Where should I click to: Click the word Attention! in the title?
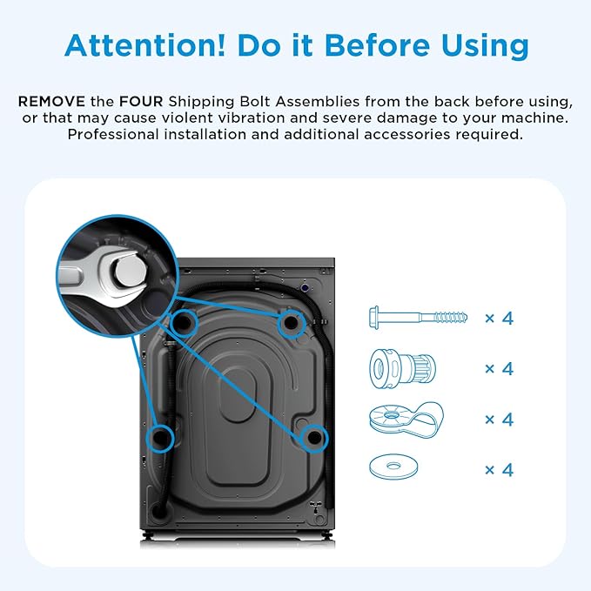tap(145, 45)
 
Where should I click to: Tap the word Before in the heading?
tap(377, 45)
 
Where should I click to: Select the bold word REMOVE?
tap(51, 101)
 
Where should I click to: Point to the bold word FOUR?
tap(141, 101)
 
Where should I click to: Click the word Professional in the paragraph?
tap(113, 134)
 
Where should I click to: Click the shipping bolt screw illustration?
tap(418, 318)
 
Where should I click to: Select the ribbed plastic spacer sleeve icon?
tap(402, 368)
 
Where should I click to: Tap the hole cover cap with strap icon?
tap(406, 419)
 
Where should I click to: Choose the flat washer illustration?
tap(393, 467)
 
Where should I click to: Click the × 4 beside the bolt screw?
tap(499, 319)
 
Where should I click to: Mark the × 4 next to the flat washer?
tap(499, 470)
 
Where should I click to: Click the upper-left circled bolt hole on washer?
tap(184, 323)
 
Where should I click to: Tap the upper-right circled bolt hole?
tap(291, 323)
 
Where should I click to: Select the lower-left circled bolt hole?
tap(160, 438)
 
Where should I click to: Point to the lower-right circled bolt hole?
tap(314, 438)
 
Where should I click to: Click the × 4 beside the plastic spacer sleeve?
tap(499, 368)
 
